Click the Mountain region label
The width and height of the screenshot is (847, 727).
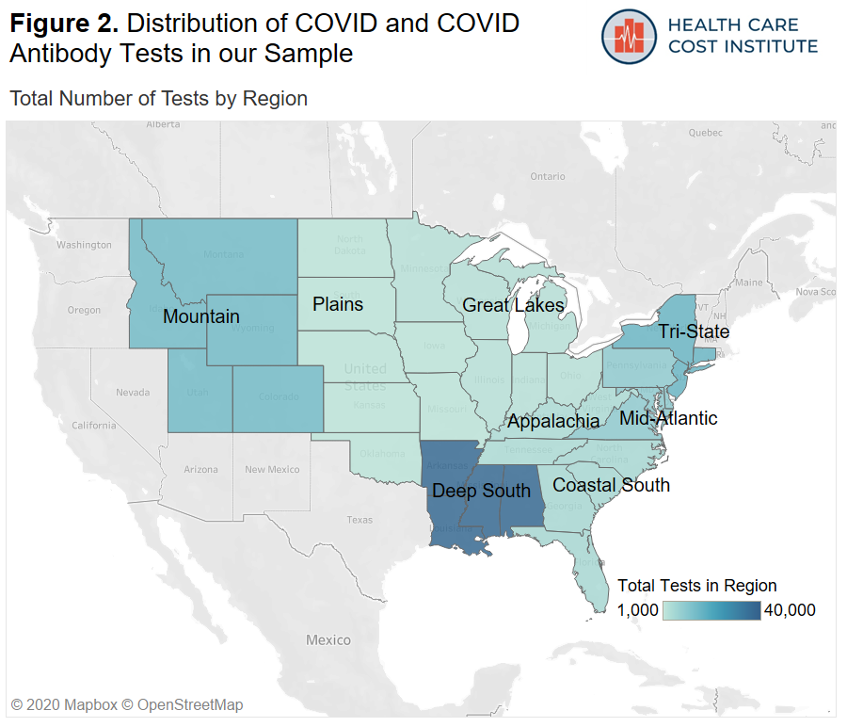click(200, 316)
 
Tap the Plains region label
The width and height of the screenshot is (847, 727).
click(338, 304)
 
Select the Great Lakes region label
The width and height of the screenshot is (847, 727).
click(513, 305)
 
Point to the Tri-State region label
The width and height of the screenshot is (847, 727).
click(694, 331)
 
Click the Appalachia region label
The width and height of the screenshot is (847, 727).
click(553, 421)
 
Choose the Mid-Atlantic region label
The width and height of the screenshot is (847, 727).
click(668, 418)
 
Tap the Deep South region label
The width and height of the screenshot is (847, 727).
click(481, 491)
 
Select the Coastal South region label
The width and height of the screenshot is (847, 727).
click(611, 485)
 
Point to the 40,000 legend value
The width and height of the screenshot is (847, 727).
click(790, 610)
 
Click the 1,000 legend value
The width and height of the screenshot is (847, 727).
click(637, 610)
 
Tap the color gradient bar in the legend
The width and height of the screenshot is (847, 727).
click(711, 610)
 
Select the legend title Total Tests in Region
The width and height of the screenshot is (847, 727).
click(697, 586)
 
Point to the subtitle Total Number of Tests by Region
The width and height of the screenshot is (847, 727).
click(158, 98)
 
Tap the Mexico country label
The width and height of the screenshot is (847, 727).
click(328, 640)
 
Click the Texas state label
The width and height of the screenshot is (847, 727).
click(359, 520)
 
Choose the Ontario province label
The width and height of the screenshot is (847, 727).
click(548, 176)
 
